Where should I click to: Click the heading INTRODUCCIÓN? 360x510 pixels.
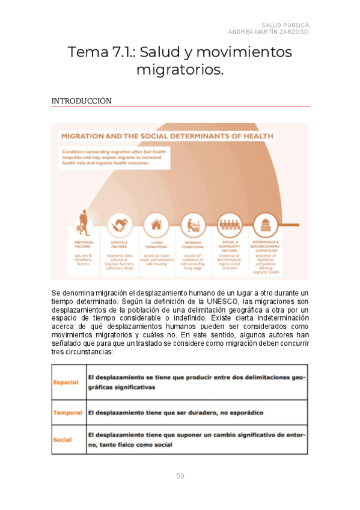[81, 101]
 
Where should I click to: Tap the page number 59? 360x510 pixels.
[180, 476]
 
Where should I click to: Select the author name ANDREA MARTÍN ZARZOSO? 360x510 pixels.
[268, 32]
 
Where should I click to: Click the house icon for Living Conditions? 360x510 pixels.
[156, 225]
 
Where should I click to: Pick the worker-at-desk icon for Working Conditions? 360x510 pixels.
[193, 225]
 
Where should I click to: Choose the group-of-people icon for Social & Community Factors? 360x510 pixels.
[230, 225]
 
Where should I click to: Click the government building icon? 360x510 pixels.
[265, 225]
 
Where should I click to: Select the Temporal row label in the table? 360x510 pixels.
[67, 413]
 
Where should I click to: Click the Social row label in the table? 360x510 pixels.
[63, 440]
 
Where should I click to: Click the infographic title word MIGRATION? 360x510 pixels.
[85, 136]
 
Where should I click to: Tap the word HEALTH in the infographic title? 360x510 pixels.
[255, 136]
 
